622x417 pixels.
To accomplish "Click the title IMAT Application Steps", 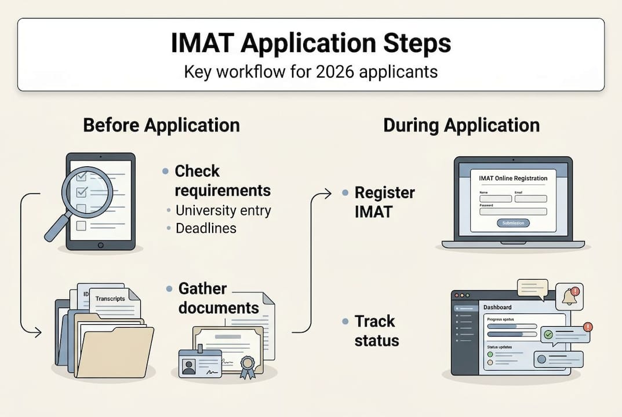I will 311,45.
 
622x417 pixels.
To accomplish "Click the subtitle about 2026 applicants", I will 311,72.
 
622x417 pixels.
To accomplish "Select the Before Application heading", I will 161,125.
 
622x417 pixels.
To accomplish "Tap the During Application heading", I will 461,125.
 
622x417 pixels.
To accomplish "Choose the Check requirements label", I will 223,181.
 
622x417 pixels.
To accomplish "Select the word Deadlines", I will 206,228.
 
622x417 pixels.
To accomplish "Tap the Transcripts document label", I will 110,298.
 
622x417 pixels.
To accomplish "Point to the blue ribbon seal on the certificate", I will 248,365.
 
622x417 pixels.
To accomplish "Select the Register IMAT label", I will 384,202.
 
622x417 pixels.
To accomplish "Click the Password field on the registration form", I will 513,212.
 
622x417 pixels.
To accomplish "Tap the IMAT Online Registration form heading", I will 513,178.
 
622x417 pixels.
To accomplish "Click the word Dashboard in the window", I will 497,307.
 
